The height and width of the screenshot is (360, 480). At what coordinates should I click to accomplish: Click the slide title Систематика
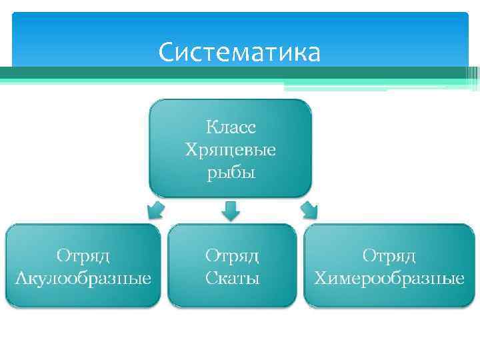pyautogui.click(x=239, y=52)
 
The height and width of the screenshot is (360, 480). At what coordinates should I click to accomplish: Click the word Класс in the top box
pyautogui.click(x=231, y=127)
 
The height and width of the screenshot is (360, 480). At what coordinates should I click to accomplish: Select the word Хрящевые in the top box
pyautogui.click(x=230, y=150)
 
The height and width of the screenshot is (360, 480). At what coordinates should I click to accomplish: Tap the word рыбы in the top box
pyautogui.click(x=230, y=174)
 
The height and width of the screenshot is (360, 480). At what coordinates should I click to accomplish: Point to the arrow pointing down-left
pyautogui.click(x=155, y=210)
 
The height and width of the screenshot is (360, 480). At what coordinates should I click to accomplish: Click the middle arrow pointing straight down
pyautogui.click(x=230, y=211)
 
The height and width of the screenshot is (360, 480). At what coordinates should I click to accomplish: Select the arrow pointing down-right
pyautogui.click(x=309, y=210)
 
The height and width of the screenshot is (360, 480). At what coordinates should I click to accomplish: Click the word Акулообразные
pyautogui.click(x=83, y=277)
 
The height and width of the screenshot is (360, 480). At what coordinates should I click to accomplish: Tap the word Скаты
pyautogui.click(x=232, y=277)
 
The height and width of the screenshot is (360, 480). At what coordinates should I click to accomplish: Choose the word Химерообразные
pyautogui.click(x=389, y=277)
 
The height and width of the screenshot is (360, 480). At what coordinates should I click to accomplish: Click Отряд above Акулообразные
pyautogui.click(x=83, y=255)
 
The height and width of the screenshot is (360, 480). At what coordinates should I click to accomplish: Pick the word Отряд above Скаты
pyautogui.click(x=232, y=255)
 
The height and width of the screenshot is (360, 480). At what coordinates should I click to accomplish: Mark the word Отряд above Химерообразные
pyautogui.click(x=389, y=255)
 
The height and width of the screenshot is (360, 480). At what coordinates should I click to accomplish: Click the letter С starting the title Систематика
pyautogui.click(x=167, y=52)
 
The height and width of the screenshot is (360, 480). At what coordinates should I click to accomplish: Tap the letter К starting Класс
pyautogui.click(x=211, y=127)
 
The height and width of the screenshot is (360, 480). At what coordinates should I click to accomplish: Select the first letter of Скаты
pyautogui.click(x=209, y=277)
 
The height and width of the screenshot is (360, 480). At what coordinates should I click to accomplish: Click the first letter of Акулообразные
pyautogui.click(x=20, y=277)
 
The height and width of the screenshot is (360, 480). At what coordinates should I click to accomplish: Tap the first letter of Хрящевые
pyautogui.click(x=191, y=150)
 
